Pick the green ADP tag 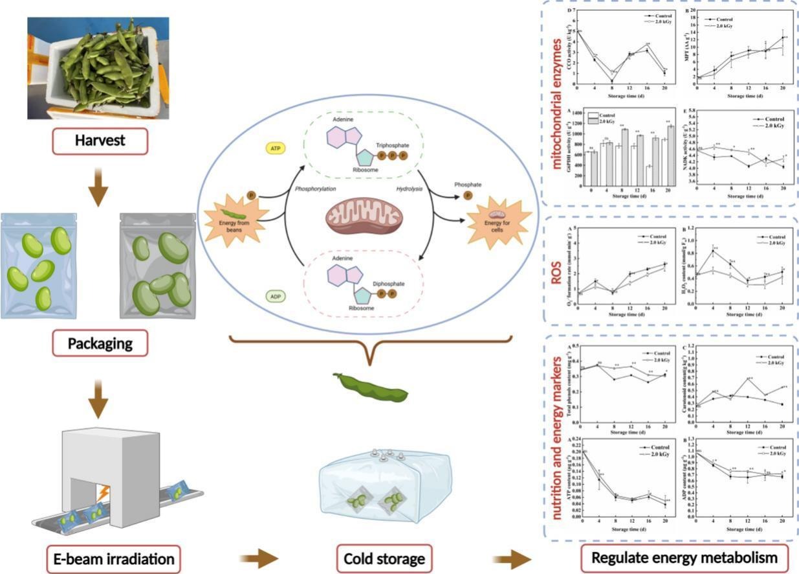274,297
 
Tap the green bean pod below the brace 370,386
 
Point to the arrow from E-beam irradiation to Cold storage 261,558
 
